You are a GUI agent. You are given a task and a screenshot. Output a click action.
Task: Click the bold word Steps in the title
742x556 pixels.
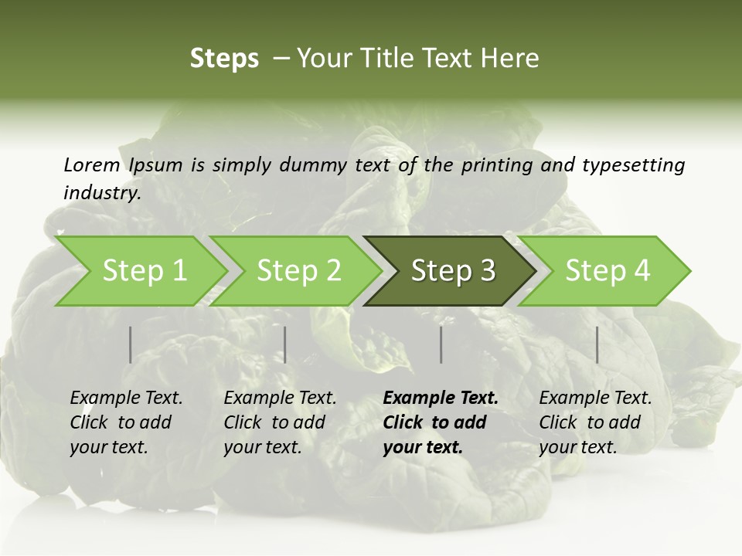pyautogui.click(x=224, y=59)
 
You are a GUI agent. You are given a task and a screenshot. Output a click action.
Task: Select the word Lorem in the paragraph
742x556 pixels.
pyautogui.click(x=92, y=164)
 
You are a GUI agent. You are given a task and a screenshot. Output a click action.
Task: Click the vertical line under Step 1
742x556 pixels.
pyautogui.click(x=131, y=344)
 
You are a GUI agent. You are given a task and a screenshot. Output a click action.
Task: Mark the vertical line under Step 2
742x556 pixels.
pyautogui.click(x=285, y=344)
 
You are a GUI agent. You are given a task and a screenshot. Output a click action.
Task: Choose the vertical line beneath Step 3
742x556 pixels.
pyautogui.click(x=441, y=344)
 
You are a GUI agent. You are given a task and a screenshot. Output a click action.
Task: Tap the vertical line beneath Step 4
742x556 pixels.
pyautogui.click(x=597, y=344)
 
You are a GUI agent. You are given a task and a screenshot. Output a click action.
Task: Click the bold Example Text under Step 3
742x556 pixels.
pyautogui.click(x=441, y=398)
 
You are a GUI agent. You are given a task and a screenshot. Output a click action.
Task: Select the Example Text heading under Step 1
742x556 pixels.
pyautogui.click(x=126, y=398)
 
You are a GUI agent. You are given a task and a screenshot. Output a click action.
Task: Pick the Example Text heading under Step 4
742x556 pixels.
pyautogui.click(x=595, y=398)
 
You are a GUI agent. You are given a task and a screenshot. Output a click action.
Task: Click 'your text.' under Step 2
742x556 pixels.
pyautogui.click(x=263, y=447)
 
